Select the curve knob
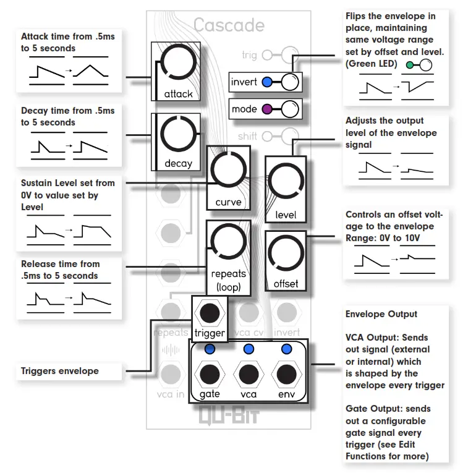(229, 171)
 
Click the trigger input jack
(210, 312)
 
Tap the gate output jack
(210, 375)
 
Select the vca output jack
(249, 375)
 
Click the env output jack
(286, 375)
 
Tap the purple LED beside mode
(267, 109)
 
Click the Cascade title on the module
(229, 25)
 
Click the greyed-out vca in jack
(170, 374)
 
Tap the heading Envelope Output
(381, 314)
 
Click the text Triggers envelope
(59, 371)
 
